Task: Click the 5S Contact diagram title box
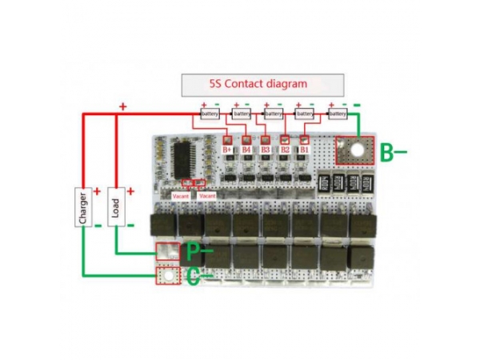coord(262,84)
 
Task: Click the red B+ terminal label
coord(227,149)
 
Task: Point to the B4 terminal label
coord(246,149)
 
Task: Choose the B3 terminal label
coord(266,149)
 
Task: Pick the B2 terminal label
coord(285,149)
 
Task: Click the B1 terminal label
coord(304,149)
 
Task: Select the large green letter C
coord(193,277)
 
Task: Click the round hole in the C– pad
coord(168,275)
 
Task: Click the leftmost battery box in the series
coord(210,114)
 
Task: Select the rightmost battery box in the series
coord(337,114)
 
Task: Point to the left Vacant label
coord(182,195)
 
